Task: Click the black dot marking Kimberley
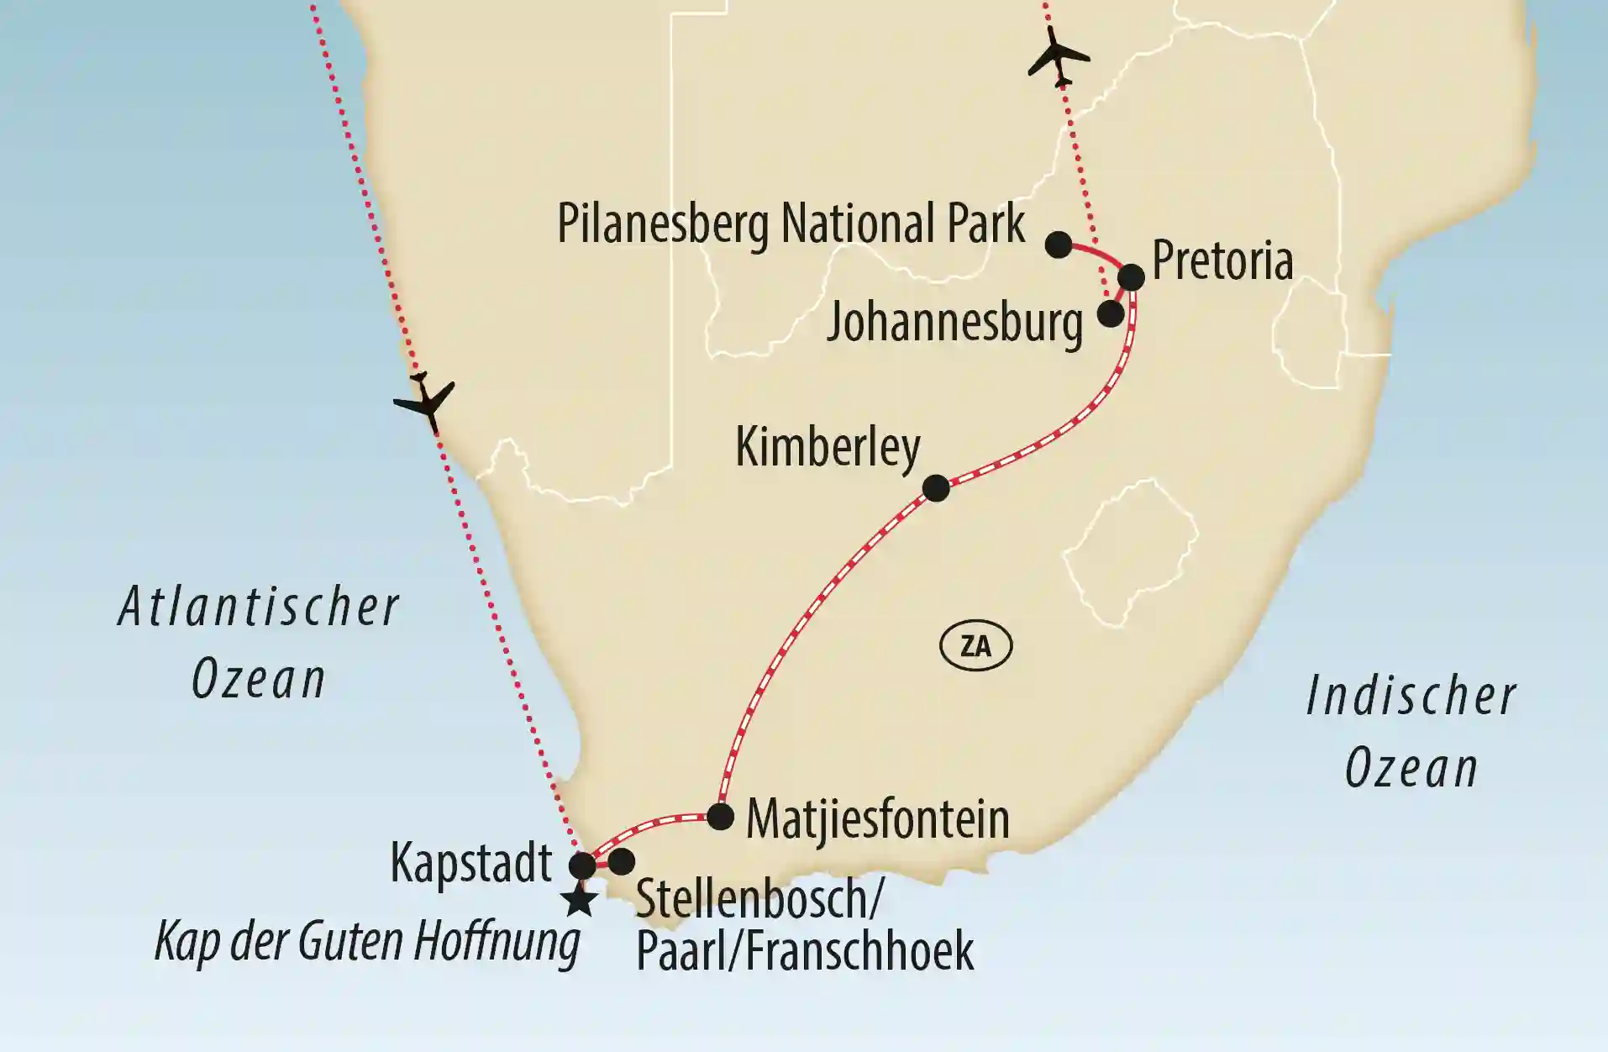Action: click(936, 487)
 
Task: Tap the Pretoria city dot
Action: click(1131, 277)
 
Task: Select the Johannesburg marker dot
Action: click(1111, 314)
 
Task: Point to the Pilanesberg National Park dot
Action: click(1059, 245)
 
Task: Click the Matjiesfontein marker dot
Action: click(721, 816)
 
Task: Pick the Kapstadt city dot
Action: click(583, 865)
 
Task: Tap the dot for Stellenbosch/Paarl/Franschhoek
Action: click(621, 861)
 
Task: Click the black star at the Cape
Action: click(580, 901)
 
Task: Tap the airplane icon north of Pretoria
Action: click(1058, 55)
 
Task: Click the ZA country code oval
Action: click(975, 646)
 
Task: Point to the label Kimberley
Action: click(828, 447)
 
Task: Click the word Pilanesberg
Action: click(664, 225)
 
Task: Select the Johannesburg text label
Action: click(954, 323)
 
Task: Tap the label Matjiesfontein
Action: click(877, 819)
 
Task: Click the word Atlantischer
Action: click(258, 608)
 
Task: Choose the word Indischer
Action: click(1411, 697)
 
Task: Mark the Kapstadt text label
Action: click(471, 863)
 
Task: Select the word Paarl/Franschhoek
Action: click(805, 951)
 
